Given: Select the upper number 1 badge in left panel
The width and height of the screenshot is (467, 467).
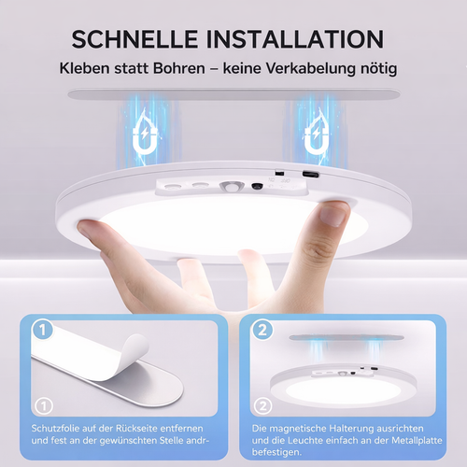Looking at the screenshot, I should [40, 331].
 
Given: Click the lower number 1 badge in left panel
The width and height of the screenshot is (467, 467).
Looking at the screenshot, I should [40, 406].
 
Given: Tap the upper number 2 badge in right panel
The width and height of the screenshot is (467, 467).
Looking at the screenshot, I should [262, 331].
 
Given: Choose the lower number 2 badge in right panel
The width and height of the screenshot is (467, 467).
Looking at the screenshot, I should [262, 406].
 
